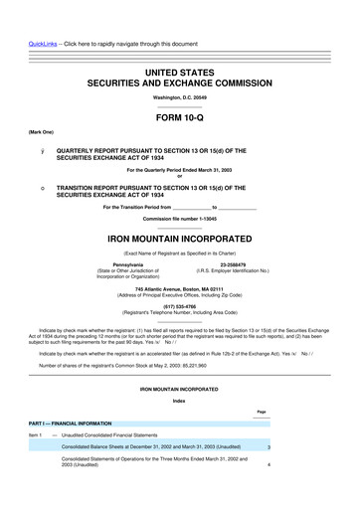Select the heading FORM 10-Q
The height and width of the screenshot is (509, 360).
[x=179, y=115]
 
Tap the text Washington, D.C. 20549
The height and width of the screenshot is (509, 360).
[x=179, y=97]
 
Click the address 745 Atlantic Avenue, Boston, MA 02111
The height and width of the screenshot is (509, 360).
[x=179, y=288]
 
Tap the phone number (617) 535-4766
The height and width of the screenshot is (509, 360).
[x=179, y=306]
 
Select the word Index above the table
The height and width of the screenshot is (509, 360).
[x=179, y=401]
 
